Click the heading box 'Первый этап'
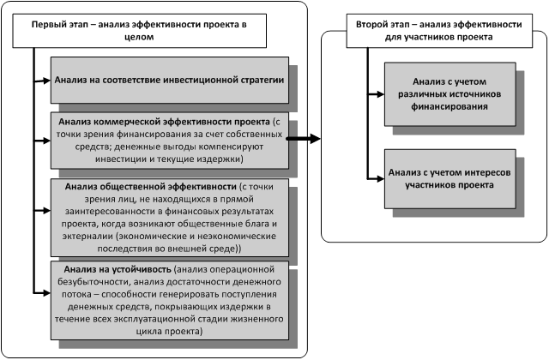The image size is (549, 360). pyautogui.click(x=139, y=31)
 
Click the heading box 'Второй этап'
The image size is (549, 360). pyautogui.click(x=439, y=31)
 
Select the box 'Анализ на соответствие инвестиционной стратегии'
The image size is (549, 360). pyautogui.click(x=170, y=80)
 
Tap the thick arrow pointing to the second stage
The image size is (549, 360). pyautogui.click(x=303, y=139)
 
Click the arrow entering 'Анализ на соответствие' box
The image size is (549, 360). pyautogui.click(x=42, y=81)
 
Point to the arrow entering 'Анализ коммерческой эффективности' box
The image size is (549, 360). pyautogui.click(x=42, y=141)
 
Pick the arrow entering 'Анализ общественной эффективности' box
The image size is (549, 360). pyautogui.click(x=42, y=211)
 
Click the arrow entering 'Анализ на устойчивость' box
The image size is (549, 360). pyautogui.click(x=42, y=293)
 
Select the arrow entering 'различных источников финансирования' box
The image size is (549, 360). pyautogui.click(x=376, y=94)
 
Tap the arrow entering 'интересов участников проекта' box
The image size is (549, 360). pyautogui.click(x=376, y=179)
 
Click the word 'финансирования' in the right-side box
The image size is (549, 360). pyautogui.click(x=449, y=106)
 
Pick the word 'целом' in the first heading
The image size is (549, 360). pyautogui.click(x=139, y=37)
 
